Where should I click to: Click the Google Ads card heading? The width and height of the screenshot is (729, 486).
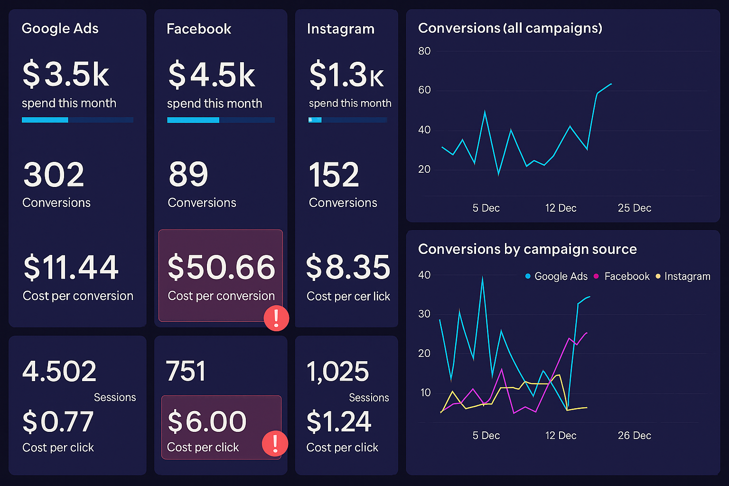pyautogui.click(x=60, y=28)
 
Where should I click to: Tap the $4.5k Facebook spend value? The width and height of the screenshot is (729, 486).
pyautogui.click(x=212, y=75)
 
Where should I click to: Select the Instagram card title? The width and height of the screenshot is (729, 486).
pyautogui.click(x=340, y=29)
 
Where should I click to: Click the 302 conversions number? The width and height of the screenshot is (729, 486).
pyautogui.click(x=54, y=175)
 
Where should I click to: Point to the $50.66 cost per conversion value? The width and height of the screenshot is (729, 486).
pyautogui.click(x=221, y=267)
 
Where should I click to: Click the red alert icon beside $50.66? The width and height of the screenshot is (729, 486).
pyautogui.click(x=276, y=318)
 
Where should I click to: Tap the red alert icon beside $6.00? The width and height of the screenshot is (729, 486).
pyautogui.click(x=275, y=443)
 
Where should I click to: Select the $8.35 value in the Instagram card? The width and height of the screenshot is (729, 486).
pyautogui.click(x=348, y=267)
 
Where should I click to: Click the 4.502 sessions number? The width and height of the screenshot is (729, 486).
pyautogui.click(x=59, y=371)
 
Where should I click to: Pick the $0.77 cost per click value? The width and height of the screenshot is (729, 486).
pyautogui.click(x=58, y=421)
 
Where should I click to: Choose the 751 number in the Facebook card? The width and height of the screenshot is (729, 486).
pyautogui.click(x=186, y=371)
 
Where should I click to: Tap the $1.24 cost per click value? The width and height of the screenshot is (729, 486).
pyautogui.click(x=338, y=421)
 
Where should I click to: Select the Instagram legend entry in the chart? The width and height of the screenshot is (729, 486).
pyautogui.click(x=683, y=276)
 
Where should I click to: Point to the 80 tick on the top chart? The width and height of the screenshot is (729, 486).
pyautogui.click(x=424, y=51)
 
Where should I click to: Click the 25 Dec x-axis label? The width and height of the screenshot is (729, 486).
pyautogui.click(x=634, y=208)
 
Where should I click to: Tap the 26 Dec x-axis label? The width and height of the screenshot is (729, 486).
pyautogui.click(x=634, y=435)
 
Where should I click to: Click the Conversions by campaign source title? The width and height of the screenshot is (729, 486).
pyautogui.click(x=527, y=249)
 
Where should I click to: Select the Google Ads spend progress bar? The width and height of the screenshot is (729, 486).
pyautogui.click(x=77, y=120)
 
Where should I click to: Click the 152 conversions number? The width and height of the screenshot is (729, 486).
pyautogui.click(x=334, y=175)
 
